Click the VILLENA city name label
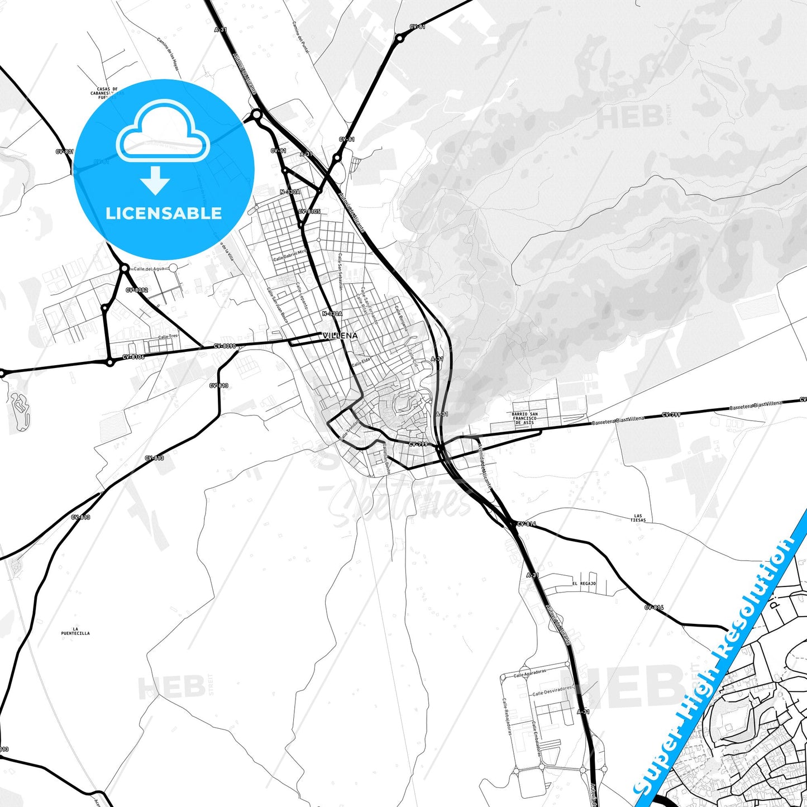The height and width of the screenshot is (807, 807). (340, 336)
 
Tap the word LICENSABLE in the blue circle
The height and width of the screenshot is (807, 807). (164, 213)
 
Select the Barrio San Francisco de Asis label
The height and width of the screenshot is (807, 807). (524, 418)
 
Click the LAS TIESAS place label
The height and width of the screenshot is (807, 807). (638, 518)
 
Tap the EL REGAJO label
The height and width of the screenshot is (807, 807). (584, 584)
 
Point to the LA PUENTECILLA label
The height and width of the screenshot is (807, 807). (75, 631)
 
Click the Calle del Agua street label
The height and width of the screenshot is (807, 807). (149, 269)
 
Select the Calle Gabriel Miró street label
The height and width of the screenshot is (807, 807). (290, 256)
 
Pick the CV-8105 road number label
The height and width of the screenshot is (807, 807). (309, 212)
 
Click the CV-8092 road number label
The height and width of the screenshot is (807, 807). (137, 290)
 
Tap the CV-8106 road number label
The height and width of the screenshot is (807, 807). (133, 357)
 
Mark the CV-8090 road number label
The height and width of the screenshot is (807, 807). (225, 346)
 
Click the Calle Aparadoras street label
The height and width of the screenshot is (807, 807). (530, 673)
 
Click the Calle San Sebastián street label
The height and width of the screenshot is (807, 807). (340, 271)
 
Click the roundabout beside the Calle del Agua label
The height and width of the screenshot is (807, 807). (124, 268)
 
